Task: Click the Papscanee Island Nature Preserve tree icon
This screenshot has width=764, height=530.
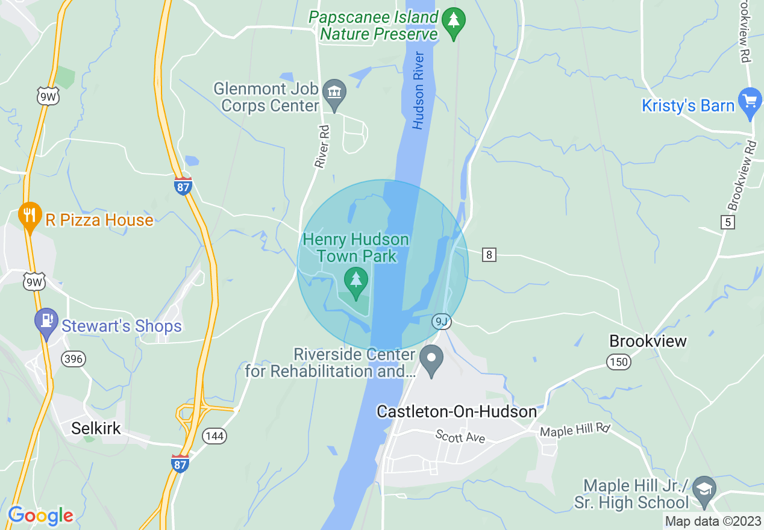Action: pyautogui.click(x=452, y=21)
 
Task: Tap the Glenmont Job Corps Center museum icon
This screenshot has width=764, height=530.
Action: pyautogui.click(x=333, y=93)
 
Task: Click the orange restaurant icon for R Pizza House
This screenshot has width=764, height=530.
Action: pyautogui.click(x=28, y=215)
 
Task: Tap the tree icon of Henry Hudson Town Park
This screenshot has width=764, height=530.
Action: pyautogui.click(x=356, y=279)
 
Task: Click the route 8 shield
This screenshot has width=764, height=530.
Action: pyautogui.click(x=489, y=255)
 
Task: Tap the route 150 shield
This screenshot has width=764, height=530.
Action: pyautogui.click(x=618, y=362)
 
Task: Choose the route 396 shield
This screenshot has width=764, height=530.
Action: pyautogui.click(x=74, y=360)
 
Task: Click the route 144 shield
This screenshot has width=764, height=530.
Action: pyautogui.click(x=214, y=436)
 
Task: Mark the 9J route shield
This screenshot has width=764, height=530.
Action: pyautogui.click(x=441, y=322)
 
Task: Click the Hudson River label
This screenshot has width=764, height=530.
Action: pyautogui.click(x=419, y=90)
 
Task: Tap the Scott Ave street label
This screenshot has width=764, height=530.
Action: pyautogui.click(x=460, y=435)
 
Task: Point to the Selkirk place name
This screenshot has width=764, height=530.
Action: pyautogui.click(x=96, y=428)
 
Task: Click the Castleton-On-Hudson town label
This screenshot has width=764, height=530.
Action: pyautogui.click(x=456, y=411)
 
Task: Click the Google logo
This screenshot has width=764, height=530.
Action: pyautogui.click(x=41, y=516)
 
